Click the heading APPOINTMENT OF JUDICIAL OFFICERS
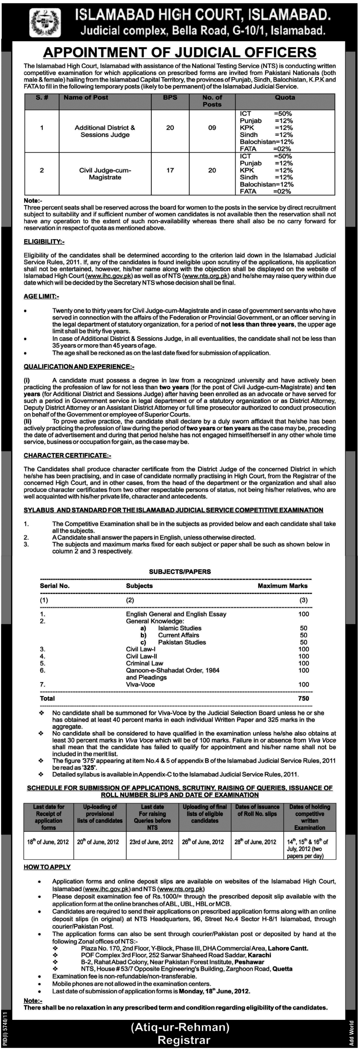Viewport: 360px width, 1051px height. point(179,52)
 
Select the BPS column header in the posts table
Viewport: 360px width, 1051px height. point(170,98)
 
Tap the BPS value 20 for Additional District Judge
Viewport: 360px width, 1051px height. point(170,128)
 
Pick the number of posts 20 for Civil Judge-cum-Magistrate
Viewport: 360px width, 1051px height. point(212,170)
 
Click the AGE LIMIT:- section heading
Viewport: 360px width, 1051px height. point(41,296)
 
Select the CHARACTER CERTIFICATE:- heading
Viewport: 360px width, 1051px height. point(67,455)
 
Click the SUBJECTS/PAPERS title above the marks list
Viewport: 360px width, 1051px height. point(180,572)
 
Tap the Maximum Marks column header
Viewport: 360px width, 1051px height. point(282,585)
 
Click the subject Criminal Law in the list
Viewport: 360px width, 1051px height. point(144,663)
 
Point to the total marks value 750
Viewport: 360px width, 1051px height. point(303,698)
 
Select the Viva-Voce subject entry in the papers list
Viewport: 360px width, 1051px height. point(140,684)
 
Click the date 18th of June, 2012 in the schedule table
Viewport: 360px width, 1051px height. point(48,842)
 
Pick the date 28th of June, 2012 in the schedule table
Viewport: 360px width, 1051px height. point(255,842)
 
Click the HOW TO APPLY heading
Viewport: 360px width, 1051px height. point(47,867)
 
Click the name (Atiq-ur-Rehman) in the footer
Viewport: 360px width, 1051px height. point(180,1027)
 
